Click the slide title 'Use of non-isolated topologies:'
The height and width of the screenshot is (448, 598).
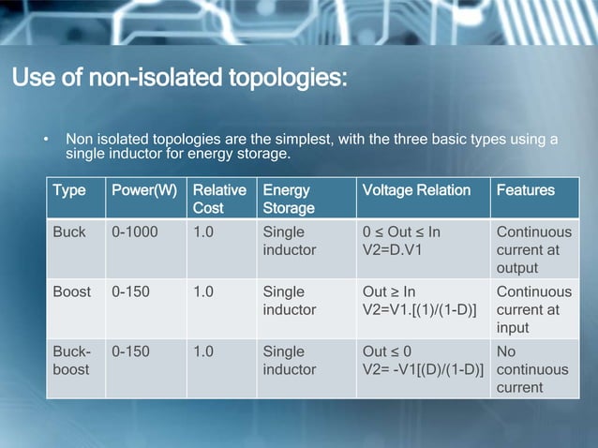click(x=179, y=75)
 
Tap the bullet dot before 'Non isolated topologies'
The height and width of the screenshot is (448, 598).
click(x=44, y=141)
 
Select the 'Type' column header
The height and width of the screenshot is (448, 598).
click(x=68, y=190)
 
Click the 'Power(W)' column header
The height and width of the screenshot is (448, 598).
click(x=143, y=190)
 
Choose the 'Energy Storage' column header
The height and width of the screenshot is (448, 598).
click(x=288, y=199)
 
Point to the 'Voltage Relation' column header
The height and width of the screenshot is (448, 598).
click(x=416, y=190)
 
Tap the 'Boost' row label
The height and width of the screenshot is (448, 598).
click(x=72, y=291)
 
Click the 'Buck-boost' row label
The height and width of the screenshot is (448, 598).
click(x=71, y=360)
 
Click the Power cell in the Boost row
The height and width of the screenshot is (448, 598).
click(x=132, y=291)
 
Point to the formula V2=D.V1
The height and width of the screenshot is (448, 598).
click(x=401, y=250)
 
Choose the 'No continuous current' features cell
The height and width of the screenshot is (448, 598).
click(x=532, y=369)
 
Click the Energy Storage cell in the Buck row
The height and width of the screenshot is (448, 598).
click(x=290, y=241)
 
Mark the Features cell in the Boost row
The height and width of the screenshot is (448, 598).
click(x=533, y=309)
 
